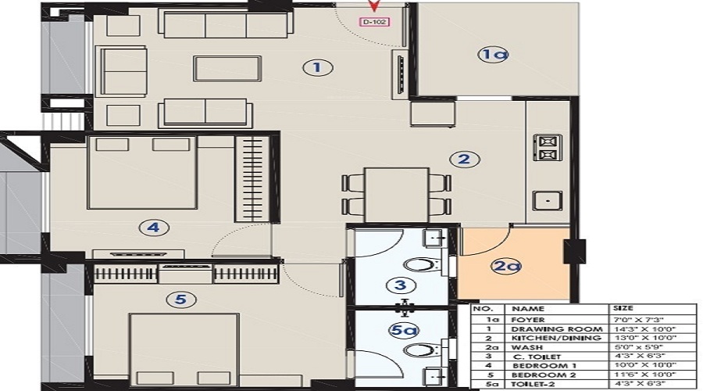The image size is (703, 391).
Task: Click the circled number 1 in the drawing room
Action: click(317, 68)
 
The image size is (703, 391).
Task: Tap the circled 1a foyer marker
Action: click(494, 55)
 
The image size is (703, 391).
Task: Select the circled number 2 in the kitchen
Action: click(463, 160)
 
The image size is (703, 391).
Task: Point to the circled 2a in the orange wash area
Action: click(505, 267)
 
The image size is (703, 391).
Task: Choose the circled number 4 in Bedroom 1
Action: click(153, 228)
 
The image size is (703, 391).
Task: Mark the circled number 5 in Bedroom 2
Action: click(181, 298)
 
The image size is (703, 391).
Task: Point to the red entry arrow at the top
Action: click(374, 6)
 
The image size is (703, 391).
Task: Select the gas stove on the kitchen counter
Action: click(547, 146)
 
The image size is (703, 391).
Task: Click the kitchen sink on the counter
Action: click(547, 200)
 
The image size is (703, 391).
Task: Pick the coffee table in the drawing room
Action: click(227, 69)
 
